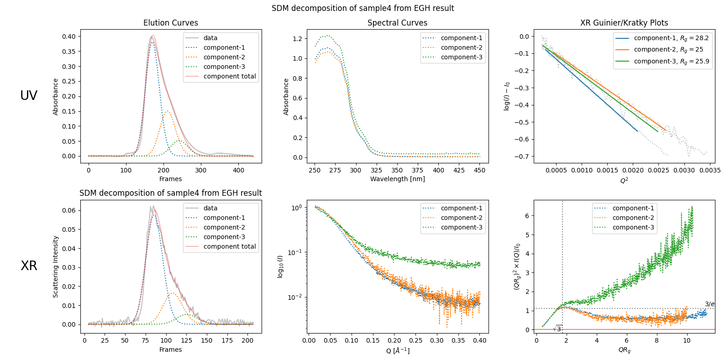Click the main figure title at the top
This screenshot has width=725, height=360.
pos(362,8)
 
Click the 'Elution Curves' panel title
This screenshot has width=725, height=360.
pos(171,23)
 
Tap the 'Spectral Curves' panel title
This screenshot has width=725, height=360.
pos(397,23)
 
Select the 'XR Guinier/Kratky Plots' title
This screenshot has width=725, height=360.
pos(624,23)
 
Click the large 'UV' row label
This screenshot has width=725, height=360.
pos(29,95)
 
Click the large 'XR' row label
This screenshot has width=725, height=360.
pos(29,266)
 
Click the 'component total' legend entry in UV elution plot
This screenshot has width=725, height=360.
pos(230,76)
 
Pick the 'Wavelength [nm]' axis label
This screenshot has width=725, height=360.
pos(397,179)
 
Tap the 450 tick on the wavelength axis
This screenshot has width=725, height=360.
pos(480,170)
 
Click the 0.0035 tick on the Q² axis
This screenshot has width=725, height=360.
pos(710,170)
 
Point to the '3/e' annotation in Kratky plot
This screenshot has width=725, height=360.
pos(709,304)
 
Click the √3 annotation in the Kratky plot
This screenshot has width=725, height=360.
pos(557,329)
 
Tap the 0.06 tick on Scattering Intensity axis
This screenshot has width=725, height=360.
pos(69,210)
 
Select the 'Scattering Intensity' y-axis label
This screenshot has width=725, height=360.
pos(56,266)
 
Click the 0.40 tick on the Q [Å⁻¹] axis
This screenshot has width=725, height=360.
pos(479,340)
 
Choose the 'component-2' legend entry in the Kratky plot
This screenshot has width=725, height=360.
pos(633,218)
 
